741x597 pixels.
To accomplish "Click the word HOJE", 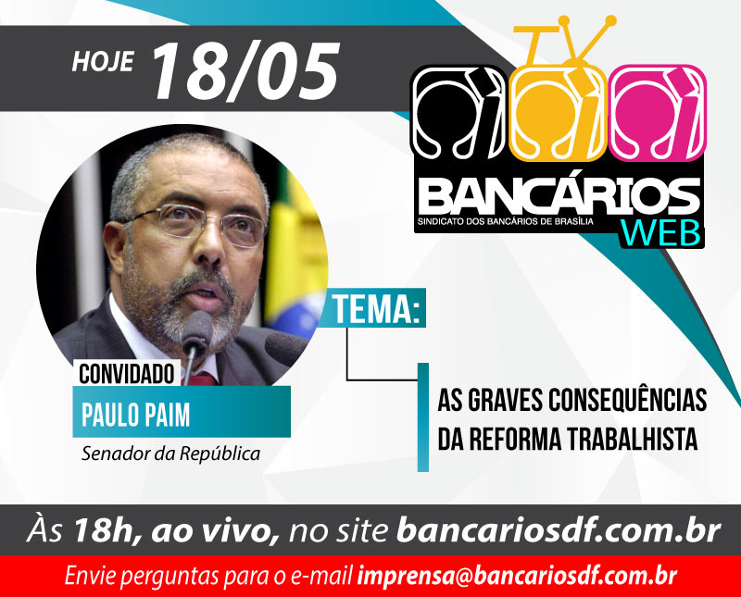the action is point(103,61).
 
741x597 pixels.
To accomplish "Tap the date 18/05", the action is point(245,71).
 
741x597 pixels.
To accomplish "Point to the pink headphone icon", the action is point(658,112).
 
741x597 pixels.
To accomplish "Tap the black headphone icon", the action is point(459,112).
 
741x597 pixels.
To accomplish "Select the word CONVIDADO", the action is point(127,375).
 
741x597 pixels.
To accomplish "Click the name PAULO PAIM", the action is point(135,415).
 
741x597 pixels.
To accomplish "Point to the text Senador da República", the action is point(170,454).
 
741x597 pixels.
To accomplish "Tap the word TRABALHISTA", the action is point(633,439).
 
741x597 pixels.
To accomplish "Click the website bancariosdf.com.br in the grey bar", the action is point(559,530).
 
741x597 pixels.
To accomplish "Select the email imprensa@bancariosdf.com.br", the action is point(518,576).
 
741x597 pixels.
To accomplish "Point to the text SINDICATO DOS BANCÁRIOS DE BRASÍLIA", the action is point(505,221).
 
